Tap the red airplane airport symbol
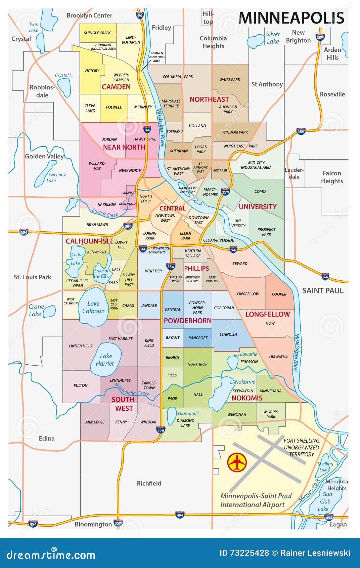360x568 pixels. [237, 462]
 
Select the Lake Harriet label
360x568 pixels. [105, 360]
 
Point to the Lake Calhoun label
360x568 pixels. [93, 307]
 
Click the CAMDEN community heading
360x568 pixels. [116, 87]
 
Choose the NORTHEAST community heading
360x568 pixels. [209, 99]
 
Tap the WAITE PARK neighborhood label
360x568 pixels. [230, 80]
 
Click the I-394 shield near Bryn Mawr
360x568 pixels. [128, 226]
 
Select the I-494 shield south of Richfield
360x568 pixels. [180, 515]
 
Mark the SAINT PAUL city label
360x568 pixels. [323, 290]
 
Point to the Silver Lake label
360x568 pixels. [273, 38]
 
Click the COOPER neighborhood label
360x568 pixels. [279, 294]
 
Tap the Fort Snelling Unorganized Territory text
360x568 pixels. [301, 447]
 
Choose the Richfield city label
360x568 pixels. [149, 483]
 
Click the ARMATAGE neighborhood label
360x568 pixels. [95, 422]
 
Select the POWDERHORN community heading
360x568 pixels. [187, 321]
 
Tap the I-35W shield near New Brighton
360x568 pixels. [320, 37]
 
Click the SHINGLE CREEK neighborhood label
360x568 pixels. [97, 33]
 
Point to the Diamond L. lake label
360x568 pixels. [189, 413]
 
